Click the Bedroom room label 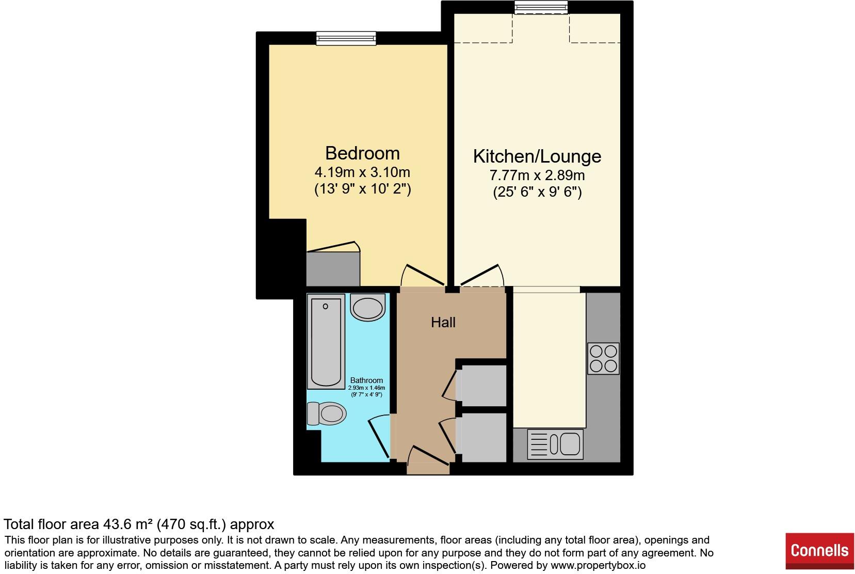[x=362, y=153]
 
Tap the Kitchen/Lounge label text [x=537, y=156]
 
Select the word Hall [x=443, y=323]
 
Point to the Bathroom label [x=366, y=380]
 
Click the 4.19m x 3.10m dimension [x=362, y=172]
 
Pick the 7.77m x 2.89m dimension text [x=537, y=175]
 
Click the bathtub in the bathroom [x=326, y=341]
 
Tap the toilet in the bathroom [x=327, y=413]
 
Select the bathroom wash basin [x=367, y=307]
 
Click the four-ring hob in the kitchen [x=603, y=359]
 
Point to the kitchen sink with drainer [x=555, y=444]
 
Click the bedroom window [x=346, y=38]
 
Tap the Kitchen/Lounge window [x=541, y=7]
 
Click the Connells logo [x=819, y=550]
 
